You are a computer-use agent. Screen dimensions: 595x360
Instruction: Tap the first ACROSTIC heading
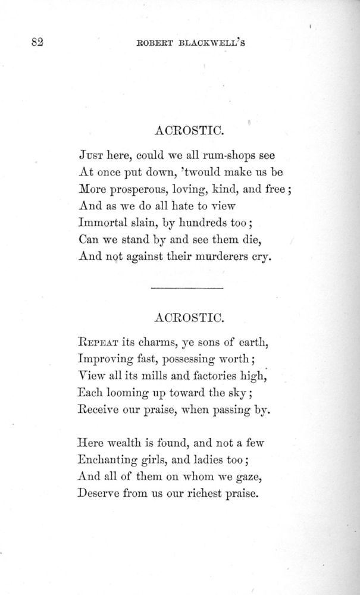tap(188, 129)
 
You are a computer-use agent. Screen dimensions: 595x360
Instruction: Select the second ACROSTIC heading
tap(188, 317)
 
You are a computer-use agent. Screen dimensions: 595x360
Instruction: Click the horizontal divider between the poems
tap(187, 289)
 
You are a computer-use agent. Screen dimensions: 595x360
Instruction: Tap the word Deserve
tap(99, 493)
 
